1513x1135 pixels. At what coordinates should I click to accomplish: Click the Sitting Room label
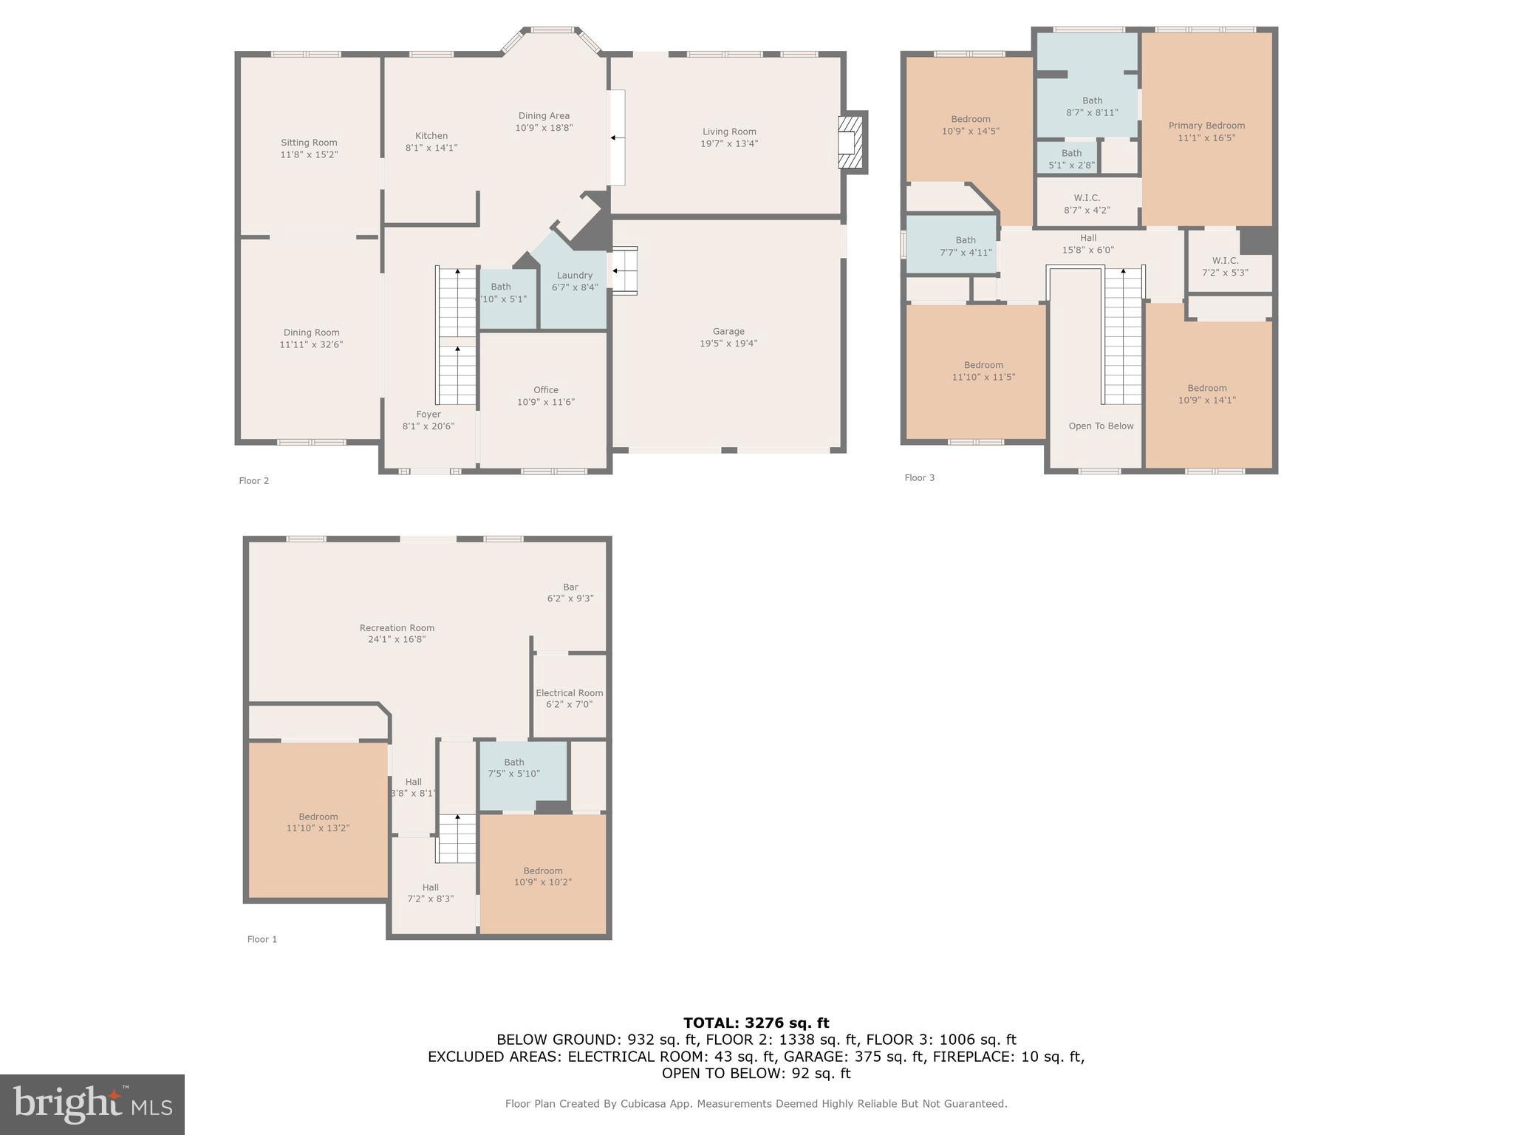[309, 143]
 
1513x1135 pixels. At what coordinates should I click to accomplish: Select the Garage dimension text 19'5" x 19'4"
[728, 344]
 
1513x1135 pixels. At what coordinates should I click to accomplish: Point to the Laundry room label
[575, 276]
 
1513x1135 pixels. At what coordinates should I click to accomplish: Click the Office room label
[546, 390]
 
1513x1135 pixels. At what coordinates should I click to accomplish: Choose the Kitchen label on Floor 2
[431, 136]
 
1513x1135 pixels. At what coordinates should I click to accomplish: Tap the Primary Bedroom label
[1206, 126]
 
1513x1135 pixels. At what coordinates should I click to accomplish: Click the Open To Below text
[1101, 426]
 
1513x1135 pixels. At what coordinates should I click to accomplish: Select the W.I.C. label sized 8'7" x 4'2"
[1087, 198]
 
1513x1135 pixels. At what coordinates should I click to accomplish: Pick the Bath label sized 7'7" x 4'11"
[966, 240]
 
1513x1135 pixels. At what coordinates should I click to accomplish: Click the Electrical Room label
[570, 693]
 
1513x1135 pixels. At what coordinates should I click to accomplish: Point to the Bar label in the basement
[570, 587]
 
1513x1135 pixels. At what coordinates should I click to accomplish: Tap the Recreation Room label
[397, 628]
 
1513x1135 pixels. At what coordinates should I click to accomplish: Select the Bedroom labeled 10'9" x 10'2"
[543, 871]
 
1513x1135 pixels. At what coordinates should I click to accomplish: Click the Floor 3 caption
[920, 478]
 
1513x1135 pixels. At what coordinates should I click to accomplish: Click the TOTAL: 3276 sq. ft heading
[756, 1023]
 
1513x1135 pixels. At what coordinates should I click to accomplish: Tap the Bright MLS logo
[92, 1105]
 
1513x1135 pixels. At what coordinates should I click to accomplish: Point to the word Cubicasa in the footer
[642, 1104]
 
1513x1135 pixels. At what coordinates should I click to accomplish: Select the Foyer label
[428, 415]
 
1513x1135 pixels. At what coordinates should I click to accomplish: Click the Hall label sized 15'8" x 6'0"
[1088, 238]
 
